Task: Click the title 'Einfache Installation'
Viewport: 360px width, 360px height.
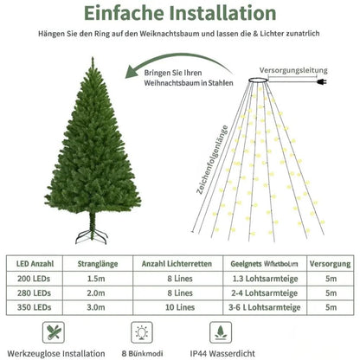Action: coord(180,14)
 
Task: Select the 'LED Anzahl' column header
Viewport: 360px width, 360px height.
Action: coord(35,261)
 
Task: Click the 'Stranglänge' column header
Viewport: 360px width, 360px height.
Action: coord(98,261)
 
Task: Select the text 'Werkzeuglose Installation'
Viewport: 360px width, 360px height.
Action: coord(57,354)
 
